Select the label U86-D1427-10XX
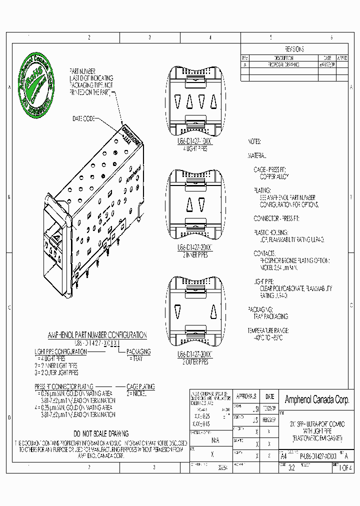click(x=195, y=142)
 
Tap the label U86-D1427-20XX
click(x=195, y=247)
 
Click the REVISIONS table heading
click(x=294, y=49)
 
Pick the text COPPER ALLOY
click(x=273, y=177)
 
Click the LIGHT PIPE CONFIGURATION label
click(x=60, y=351)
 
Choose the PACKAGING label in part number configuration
click(x=138, y=351)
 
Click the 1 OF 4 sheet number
click(x=345, y=468)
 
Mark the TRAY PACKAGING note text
click(x=270, y=316)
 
